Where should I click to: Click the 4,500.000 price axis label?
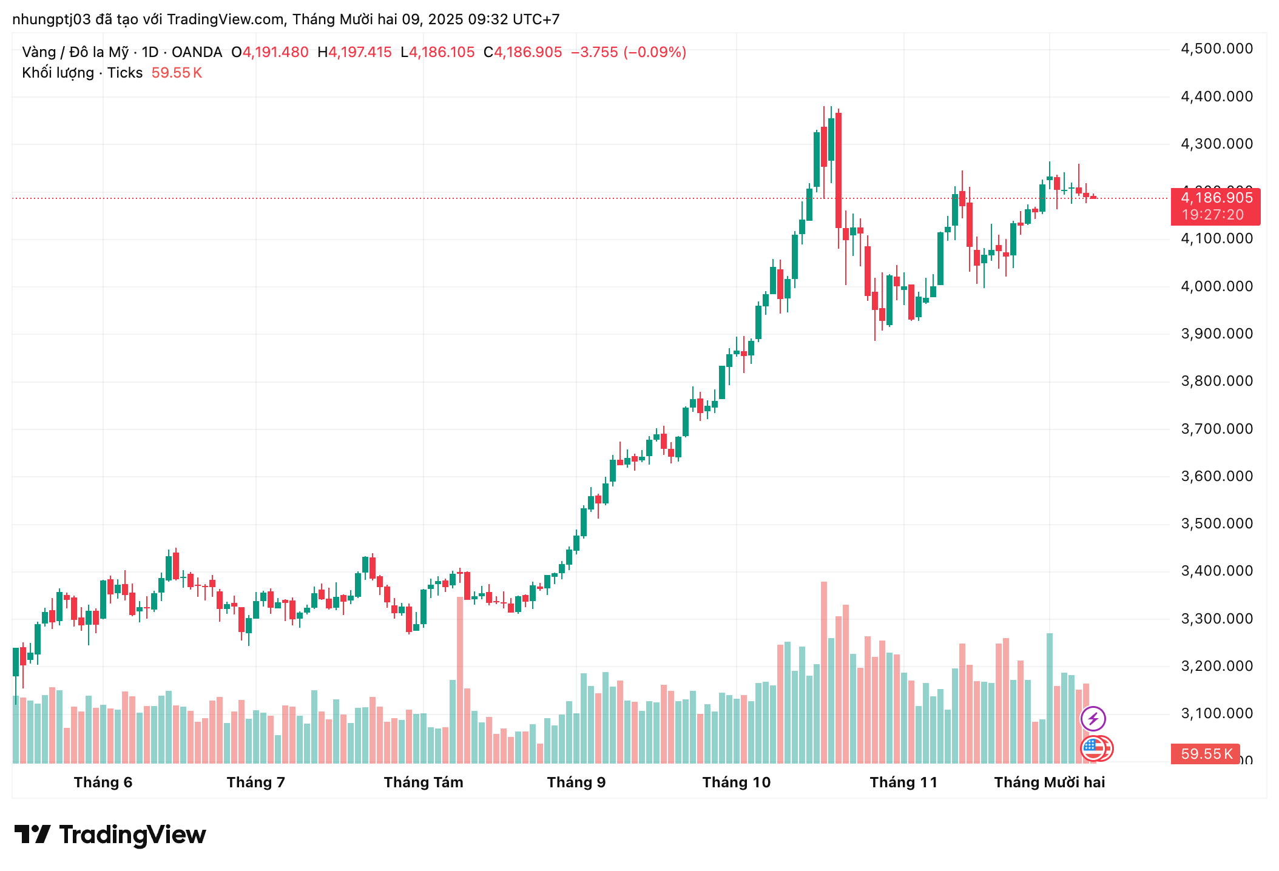point(1216,49)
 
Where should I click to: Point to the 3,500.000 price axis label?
point(1216,523)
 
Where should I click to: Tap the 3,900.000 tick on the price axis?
point(1216,334)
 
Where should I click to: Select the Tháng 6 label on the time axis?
point(103,782)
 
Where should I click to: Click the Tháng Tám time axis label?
point(424,782)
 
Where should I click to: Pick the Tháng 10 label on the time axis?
point(737,782)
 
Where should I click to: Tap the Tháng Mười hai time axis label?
point(1049,782)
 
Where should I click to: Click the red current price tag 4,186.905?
point(1216,198)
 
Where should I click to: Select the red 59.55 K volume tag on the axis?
point(1206,754)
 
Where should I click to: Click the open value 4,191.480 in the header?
point(275,52)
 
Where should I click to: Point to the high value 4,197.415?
point(360,52)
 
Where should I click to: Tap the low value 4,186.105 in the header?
point(442,52)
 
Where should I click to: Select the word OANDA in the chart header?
point(197,52)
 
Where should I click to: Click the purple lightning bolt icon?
point(1093,719)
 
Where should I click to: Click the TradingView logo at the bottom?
point(110,835)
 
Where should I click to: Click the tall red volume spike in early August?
point(460,679)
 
